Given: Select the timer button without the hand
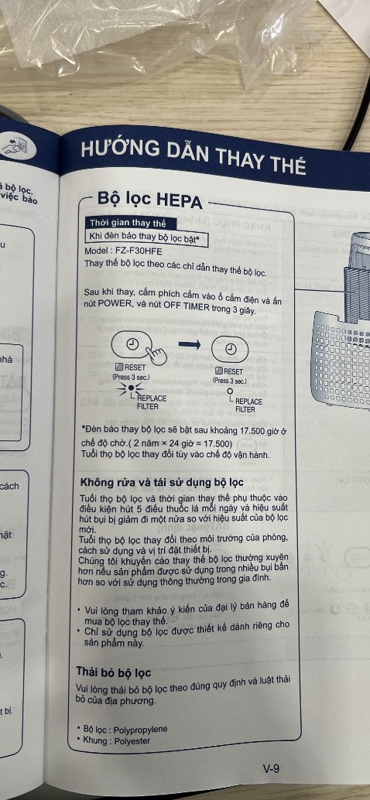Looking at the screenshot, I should pyautogui.click(x=230, y=348).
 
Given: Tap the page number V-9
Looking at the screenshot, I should pyautogui.click(x=272, y=768).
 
